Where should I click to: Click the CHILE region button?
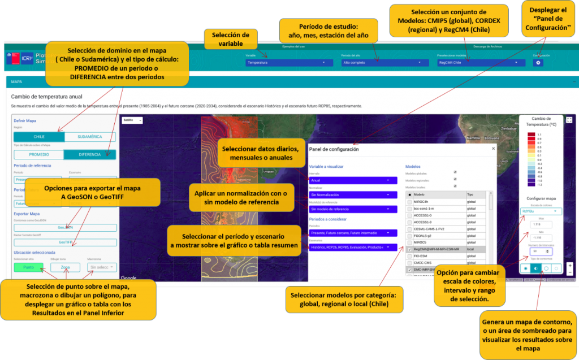point(39,137)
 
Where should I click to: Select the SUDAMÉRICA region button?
point(90,137)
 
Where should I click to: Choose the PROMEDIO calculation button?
point(39,154)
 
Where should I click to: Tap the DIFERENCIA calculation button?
point(90,154)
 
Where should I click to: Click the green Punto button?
point(28,267)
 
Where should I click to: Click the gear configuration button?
point(539,63)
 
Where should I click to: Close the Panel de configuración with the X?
point(492,149)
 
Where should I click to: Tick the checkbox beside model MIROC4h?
point(409,202)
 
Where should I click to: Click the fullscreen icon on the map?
point(569,120)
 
